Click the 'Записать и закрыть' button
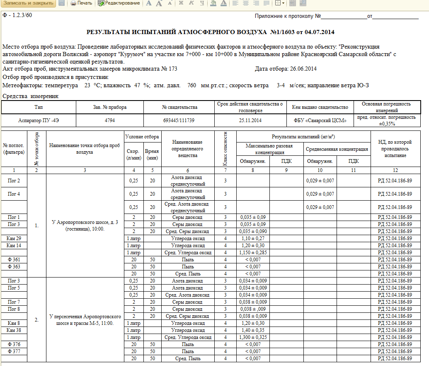pos(28,3)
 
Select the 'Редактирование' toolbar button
pos(119,3)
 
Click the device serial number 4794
pos(110,120)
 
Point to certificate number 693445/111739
pos(179,120)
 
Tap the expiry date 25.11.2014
pos(250,120)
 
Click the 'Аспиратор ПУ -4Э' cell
pos(39,120)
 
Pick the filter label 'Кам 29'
pos(14,238)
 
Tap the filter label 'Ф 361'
pos(14,260)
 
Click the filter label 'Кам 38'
pos(14,330)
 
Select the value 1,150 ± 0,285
pos(253,253)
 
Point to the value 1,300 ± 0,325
pos(253,337)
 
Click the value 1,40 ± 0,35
pos(253,330)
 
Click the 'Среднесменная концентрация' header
pos(337,149)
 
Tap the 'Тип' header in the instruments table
pos(39,107)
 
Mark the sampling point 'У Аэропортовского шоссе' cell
pos(85,225)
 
